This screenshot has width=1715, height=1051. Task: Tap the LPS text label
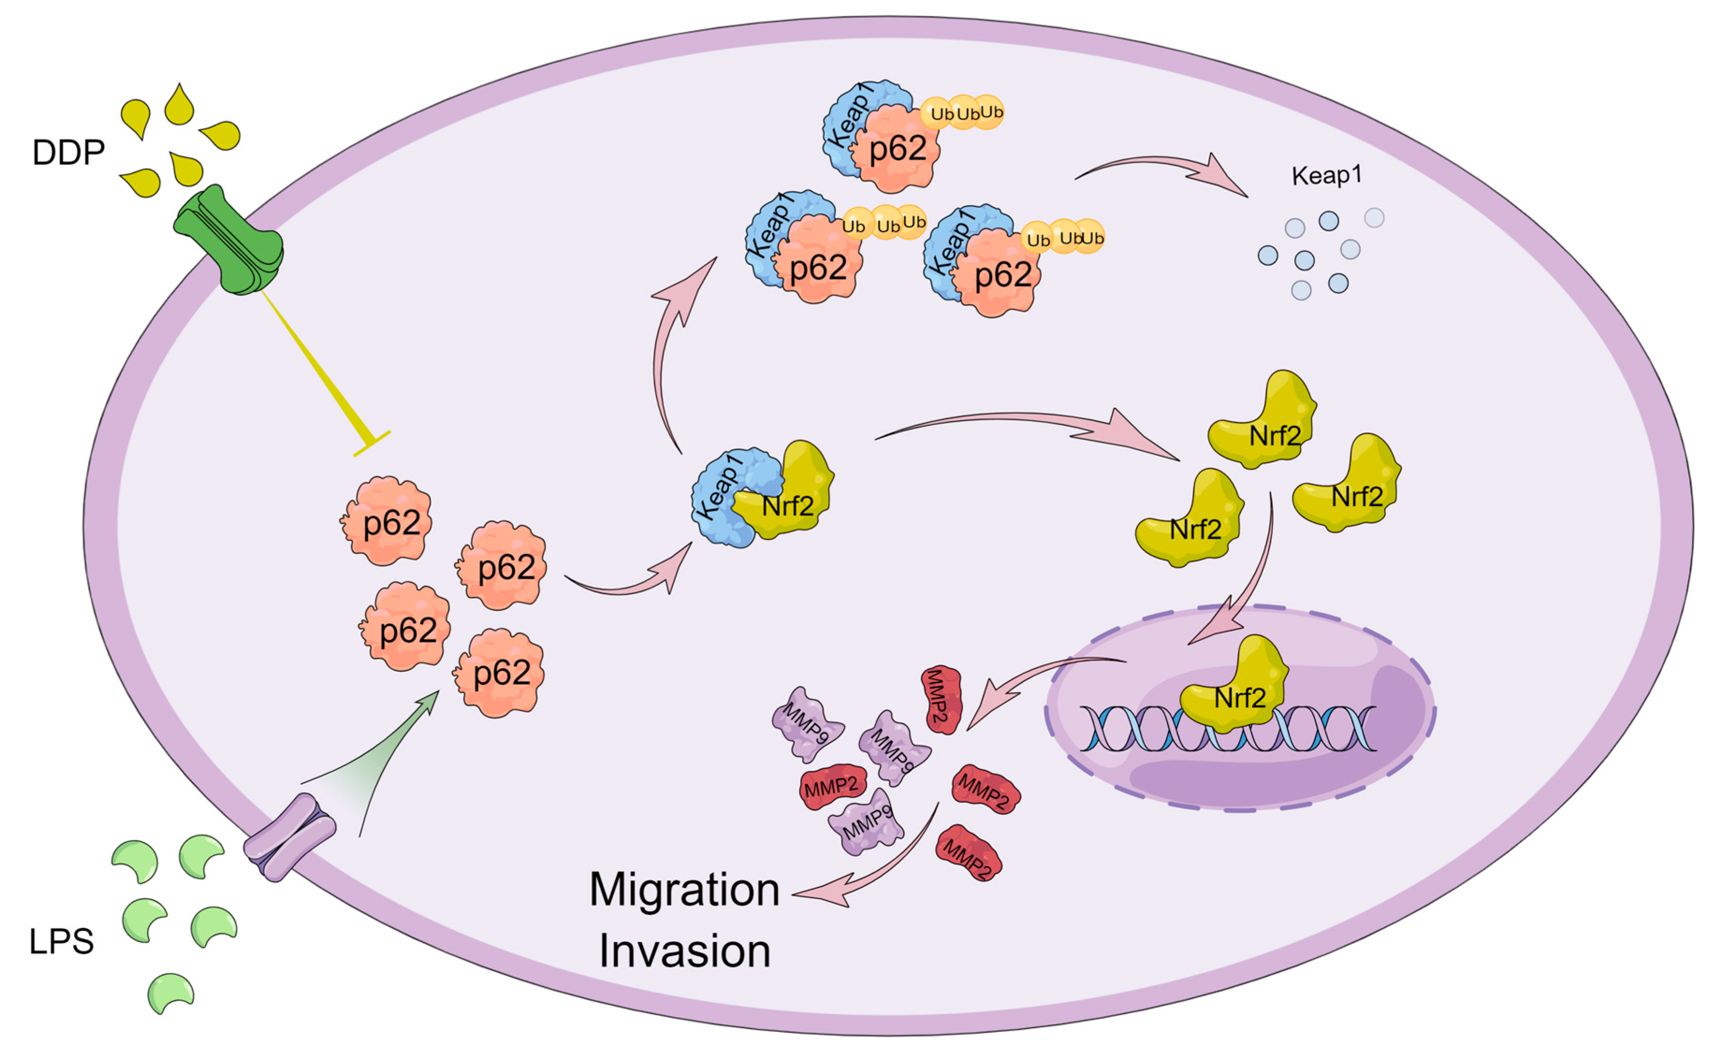(x=61, y=941)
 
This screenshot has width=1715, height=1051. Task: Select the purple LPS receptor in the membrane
(x=290, y=837)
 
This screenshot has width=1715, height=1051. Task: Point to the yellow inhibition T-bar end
(x=371, y=443)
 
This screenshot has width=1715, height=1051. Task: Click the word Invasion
(x=684, y=951)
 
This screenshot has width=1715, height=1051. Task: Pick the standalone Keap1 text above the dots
(x=1326, y=175)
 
